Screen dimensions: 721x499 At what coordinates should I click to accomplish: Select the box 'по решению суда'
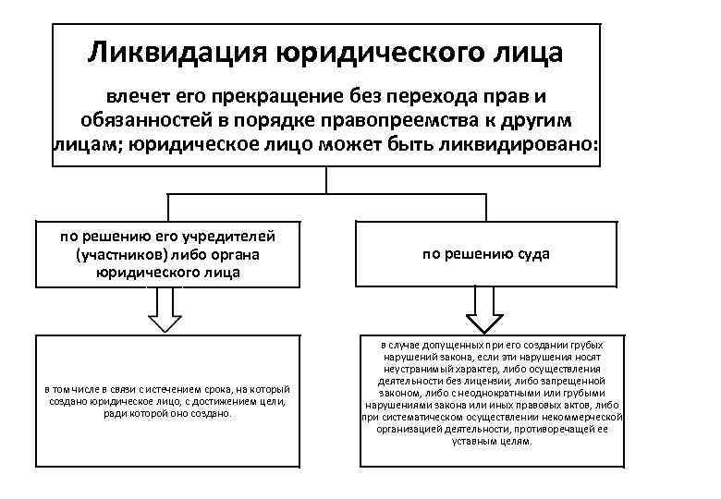(x=485, y=253)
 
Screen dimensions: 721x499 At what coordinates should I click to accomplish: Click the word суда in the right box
(x=530, y=253)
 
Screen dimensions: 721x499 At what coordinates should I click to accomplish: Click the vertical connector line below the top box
(x=326, y=179)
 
